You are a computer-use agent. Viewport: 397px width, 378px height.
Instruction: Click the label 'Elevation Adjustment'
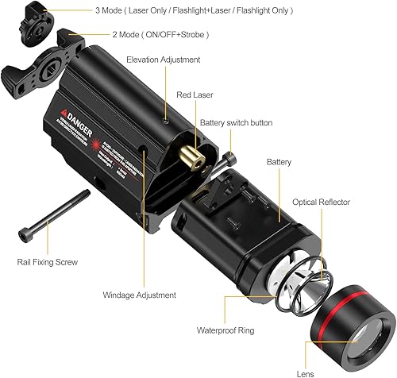pyautogui.click(x=164, y=60)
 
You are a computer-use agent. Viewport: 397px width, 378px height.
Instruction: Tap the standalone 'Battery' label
pyautogui.click(x=279, y=162)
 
